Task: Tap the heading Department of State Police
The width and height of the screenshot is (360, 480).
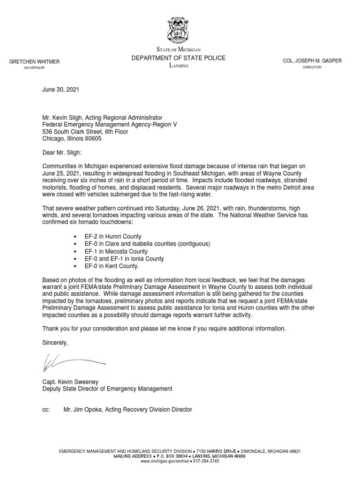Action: click(178, 58)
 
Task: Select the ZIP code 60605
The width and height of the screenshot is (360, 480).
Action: click(92, 139)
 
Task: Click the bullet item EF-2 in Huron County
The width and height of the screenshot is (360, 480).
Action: click(112, 237)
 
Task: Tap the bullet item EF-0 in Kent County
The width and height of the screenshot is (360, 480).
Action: click(112, 266)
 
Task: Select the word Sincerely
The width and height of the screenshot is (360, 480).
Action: click(55, 343)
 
